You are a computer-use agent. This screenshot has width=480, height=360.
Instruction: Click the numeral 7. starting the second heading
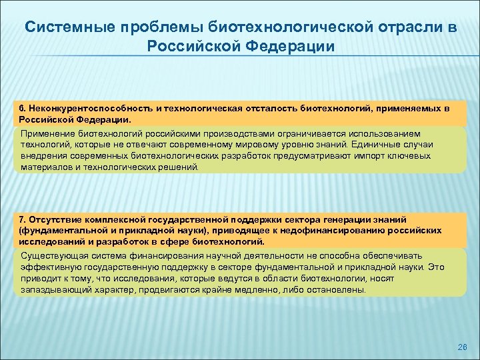[23, 219]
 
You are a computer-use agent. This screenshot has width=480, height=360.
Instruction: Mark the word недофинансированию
[347, 230]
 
